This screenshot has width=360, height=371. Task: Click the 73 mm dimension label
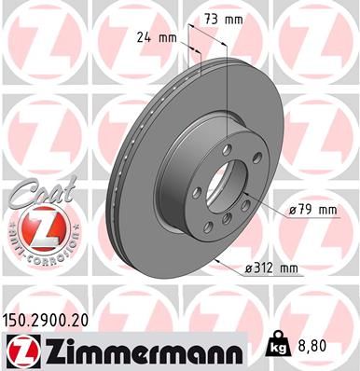click(221, 18)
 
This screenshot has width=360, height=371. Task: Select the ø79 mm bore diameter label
click(311, 210)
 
